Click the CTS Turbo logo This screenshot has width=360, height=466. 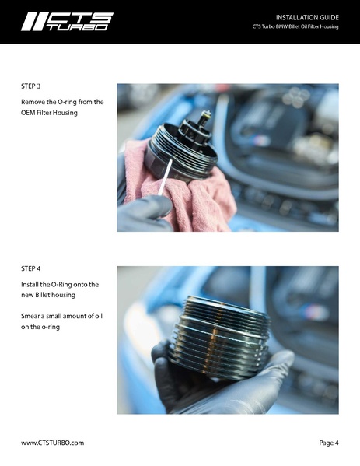67,22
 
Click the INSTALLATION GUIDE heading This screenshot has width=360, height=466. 307,18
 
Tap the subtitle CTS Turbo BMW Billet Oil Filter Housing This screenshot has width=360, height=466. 295,26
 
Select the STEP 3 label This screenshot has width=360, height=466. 30,86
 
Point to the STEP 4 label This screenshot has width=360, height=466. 30,268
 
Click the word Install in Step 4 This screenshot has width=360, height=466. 30,285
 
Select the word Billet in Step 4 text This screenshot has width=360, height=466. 44,295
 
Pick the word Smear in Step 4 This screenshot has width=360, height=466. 30,316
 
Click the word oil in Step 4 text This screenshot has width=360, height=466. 99,316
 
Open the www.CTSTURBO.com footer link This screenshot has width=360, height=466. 52,443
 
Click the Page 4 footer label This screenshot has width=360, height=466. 329,443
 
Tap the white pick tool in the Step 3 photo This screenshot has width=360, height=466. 165,177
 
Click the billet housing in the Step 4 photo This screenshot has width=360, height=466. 220,338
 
